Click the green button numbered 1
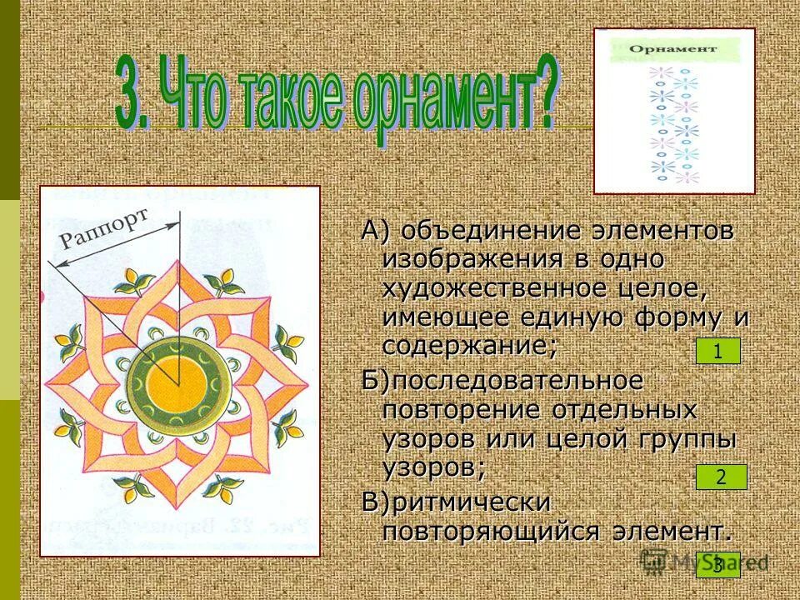coord(717,352)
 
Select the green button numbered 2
coord(721,477)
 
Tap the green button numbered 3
coord(717,565)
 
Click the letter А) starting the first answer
coord(376,231)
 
